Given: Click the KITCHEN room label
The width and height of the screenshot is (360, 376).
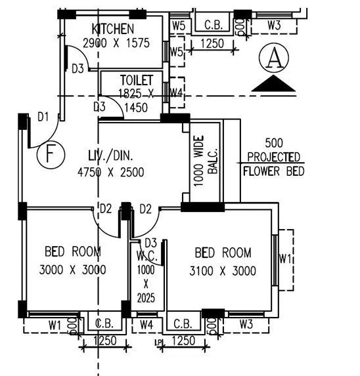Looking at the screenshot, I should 113,29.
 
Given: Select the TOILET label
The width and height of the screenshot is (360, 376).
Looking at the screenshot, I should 136,80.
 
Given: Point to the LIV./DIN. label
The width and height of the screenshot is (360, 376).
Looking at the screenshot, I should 111,156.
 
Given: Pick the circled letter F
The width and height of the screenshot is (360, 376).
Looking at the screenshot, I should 50,155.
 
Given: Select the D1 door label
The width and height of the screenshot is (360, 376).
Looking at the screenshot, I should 43,117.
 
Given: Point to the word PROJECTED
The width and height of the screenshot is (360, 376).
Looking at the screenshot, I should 274,157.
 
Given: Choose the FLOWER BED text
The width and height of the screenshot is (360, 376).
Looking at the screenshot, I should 273,172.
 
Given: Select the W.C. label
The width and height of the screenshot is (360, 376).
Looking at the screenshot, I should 145,255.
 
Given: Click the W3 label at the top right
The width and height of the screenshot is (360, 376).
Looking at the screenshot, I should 275,26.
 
